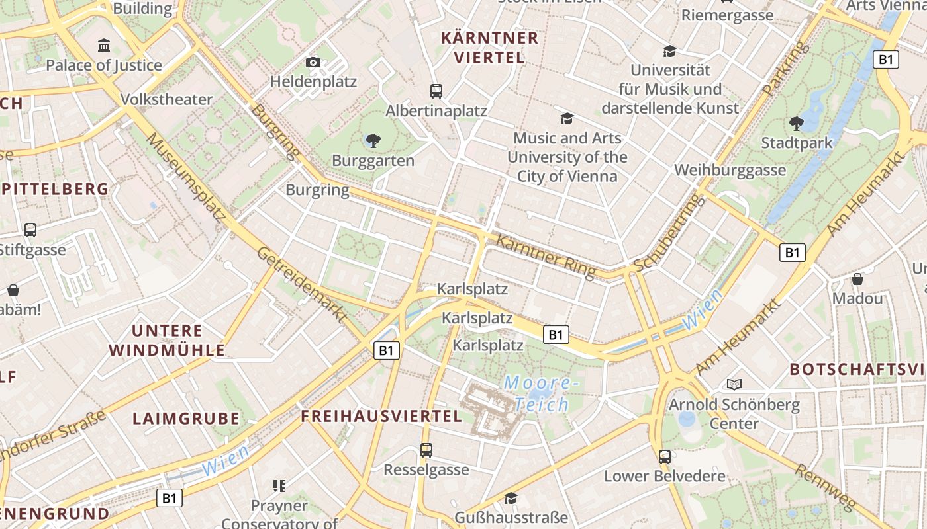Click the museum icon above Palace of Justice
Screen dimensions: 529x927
104,46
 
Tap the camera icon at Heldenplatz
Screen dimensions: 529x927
313,63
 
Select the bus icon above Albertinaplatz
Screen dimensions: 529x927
436,91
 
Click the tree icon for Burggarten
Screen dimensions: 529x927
373,140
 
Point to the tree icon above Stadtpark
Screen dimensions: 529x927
797,123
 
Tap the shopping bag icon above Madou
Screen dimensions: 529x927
857,279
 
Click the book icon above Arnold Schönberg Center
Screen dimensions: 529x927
734,384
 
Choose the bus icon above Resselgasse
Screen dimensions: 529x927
426,450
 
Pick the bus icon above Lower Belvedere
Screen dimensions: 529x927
665,456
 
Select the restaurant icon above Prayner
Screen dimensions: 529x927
279,486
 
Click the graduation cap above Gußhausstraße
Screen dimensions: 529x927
511,498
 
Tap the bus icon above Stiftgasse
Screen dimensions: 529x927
30,230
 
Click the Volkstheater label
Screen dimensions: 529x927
166,100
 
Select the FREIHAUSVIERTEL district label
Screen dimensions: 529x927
381,416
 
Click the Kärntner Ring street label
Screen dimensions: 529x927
546,256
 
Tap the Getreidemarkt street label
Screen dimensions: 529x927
302,285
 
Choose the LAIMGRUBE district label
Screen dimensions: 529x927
186,419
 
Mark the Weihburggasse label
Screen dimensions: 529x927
730,170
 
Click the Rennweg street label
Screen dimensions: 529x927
824,487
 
